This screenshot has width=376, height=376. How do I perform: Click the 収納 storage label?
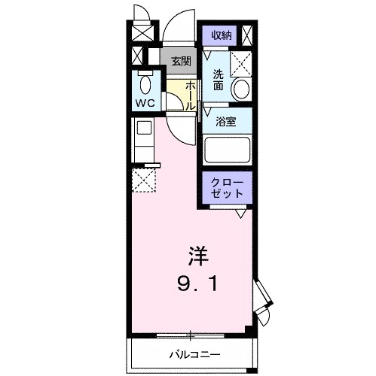click(x=221, y=35)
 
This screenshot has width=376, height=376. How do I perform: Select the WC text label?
click(x=145, y=102)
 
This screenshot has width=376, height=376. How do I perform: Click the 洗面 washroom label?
click(x=218, y=80)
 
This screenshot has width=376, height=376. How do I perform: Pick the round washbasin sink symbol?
click(x=240, y=89)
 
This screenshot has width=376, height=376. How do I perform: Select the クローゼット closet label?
click(x=226, y=188)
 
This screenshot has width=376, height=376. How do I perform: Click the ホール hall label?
click(x=191, y=96)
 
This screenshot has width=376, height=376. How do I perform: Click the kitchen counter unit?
click(x=142, y=138)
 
